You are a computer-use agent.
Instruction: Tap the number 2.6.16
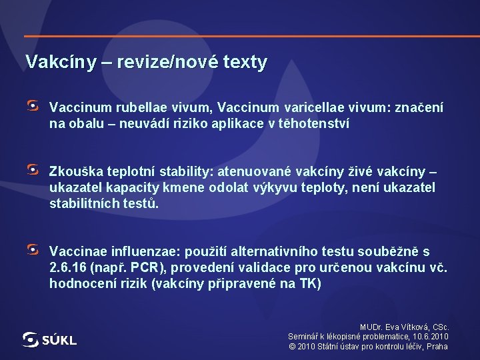tap(69, 268)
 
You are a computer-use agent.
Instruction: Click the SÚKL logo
tap(49, 339)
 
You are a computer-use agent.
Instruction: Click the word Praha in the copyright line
tap(437, 346)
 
